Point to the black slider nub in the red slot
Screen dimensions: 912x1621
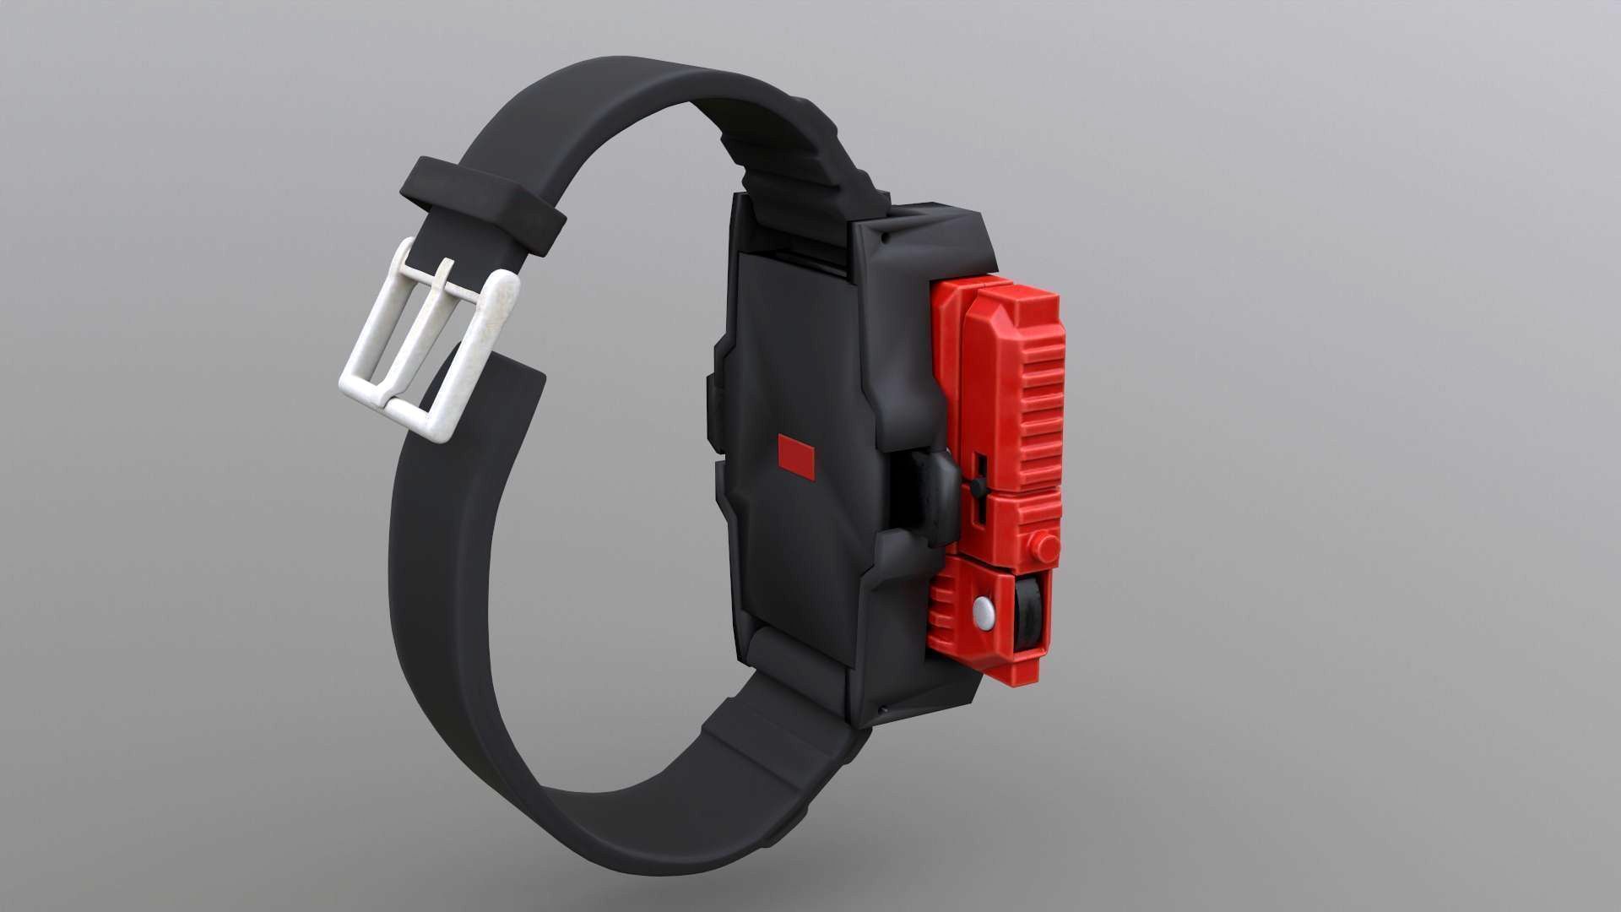pyautogui.click(x=977, y=486)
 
